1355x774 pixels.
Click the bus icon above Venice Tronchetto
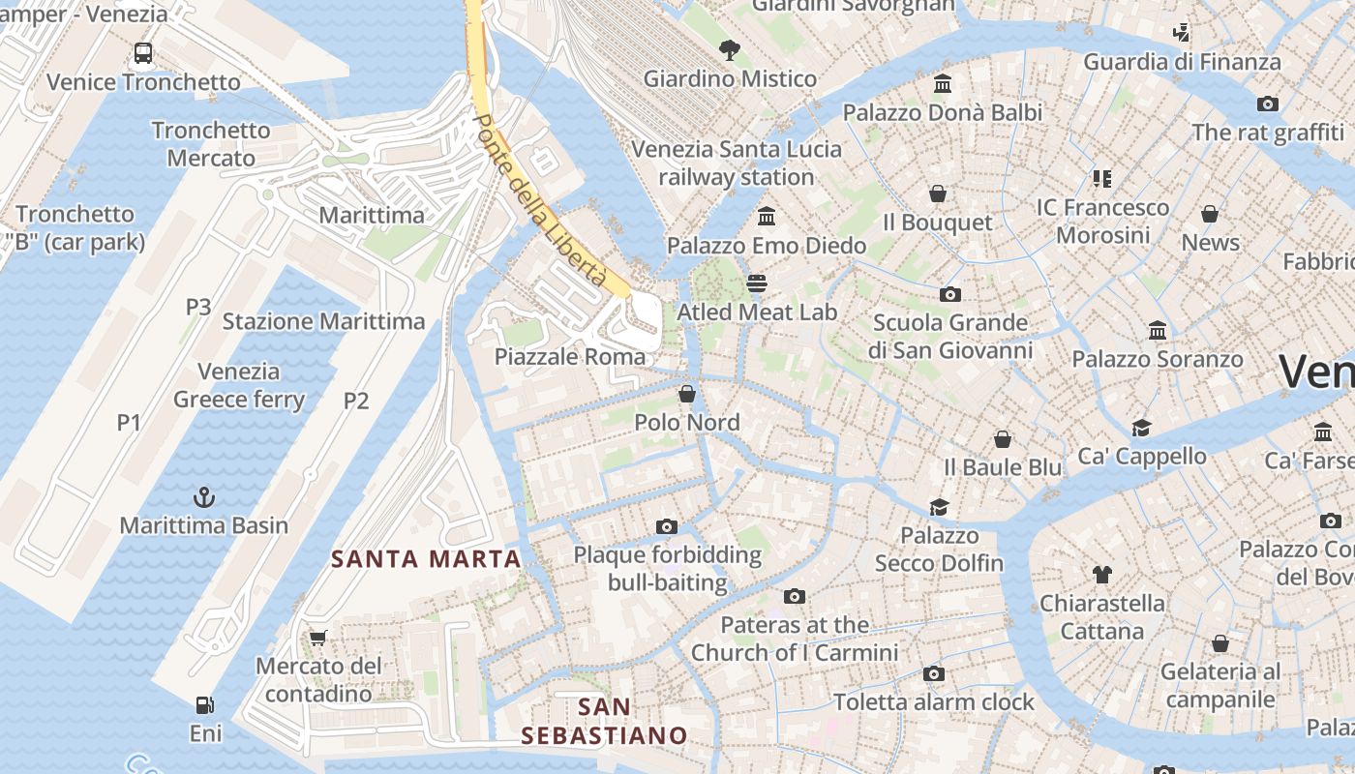143,53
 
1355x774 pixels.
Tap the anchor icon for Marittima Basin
204,497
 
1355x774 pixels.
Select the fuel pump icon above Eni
204,705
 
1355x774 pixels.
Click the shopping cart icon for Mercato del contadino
317,638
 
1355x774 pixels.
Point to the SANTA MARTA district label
426,558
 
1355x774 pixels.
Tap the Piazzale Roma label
569,356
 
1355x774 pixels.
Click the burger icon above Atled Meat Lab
757,283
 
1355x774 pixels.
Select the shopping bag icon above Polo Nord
687,394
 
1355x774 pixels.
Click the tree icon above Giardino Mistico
730,49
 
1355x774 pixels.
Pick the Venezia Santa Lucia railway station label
737,164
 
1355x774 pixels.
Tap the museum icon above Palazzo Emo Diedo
768,216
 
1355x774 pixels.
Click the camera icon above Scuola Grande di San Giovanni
950,294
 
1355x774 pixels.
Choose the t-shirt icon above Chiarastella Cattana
1101,575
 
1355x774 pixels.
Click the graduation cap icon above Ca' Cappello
1142,428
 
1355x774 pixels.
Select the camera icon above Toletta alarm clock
934,673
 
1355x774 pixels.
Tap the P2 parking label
356,401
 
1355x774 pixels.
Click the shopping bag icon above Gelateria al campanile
1220,643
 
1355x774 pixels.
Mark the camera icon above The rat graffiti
1268,104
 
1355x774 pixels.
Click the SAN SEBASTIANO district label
604,721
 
